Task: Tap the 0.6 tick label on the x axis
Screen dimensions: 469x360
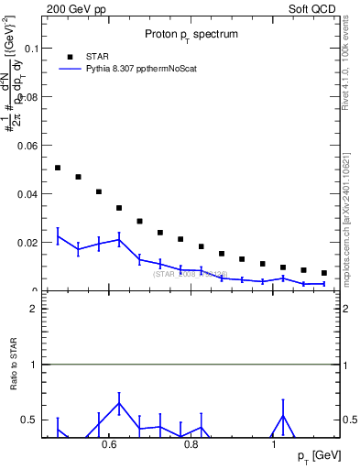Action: click(109, 445)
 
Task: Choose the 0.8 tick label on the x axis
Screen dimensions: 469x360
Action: click(191, 445)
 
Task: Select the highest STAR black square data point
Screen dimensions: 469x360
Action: click(58, 168)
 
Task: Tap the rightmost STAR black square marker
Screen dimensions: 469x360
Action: click(324, 273)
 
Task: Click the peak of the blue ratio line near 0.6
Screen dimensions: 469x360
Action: click(119, 403)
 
